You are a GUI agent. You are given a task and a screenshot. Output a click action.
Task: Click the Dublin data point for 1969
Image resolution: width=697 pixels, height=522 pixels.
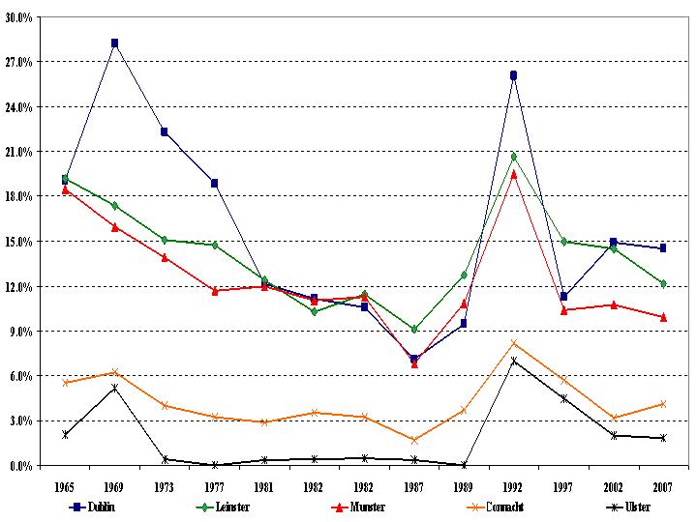[114, 43]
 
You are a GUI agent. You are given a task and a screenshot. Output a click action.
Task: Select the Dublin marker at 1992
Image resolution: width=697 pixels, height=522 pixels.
[513, 74]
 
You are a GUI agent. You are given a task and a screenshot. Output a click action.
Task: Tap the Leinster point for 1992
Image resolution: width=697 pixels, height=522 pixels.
[513, 156]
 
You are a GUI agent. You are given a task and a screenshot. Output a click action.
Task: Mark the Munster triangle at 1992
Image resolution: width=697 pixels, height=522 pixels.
[513, 174]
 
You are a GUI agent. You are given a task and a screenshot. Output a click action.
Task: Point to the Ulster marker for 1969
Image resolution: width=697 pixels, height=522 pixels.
[114, 388]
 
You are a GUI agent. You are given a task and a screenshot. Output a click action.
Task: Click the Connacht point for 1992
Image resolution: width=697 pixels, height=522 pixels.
[513, 343]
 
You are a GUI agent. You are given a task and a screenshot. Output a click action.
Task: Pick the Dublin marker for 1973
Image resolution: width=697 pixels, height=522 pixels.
[165, 131]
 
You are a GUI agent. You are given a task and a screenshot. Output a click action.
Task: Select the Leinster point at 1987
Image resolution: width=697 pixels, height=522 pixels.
[413, 330]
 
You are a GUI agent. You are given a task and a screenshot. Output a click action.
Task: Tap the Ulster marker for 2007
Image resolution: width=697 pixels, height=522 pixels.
[662, 438]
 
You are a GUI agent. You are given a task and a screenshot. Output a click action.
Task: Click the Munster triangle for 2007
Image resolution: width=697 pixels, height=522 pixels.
[662, 316]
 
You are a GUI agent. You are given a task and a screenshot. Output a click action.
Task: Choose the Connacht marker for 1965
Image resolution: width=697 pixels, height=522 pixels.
[65, 383]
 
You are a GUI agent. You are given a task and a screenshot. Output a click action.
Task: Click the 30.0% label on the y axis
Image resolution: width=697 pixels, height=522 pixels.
[20, 17]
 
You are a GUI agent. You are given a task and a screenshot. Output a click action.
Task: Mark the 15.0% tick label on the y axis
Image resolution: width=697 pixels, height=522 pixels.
[20, 242]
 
